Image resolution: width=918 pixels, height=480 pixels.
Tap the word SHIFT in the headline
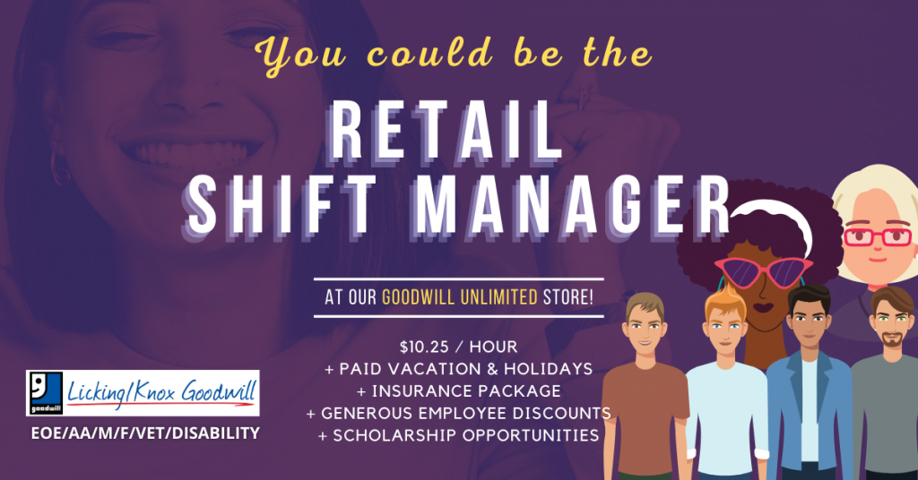[x=281, y=205]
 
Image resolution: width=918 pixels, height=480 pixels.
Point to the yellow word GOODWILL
[x=418, y=297]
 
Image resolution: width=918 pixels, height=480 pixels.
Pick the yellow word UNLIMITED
[x=498, y=297]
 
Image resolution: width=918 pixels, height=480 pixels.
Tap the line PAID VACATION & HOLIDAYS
[x=458, y=369]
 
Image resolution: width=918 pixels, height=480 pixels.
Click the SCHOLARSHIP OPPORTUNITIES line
[x=458, y=435]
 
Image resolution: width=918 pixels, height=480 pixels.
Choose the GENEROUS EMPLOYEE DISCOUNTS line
[x=458, y=414]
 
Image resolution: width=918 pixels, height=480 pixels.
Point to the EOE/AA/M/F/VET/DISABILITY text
[x=145, y=433]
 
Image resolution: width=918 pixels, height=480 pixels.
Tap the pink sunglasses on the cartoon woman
[x=764, y=272]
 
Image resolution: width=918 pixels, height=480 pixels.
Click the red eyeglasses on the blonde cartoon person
[x=878, y=236]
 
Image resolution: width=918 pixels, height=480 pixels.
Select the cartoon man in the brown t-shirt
[x=645, y=386]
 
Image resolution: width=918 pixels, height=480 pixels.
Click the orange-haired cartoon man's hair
[x=725, y=298]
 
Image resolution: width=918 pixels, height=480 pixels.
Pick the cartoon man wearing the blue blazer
[x=809, y=386]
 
